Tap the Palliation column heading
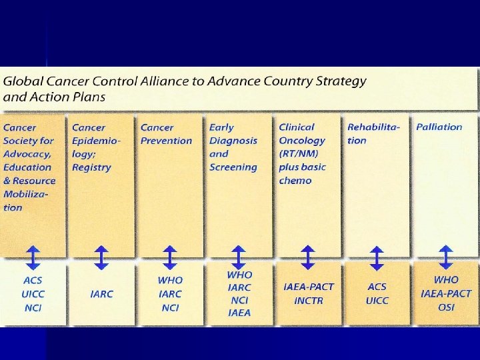tap(439, 127)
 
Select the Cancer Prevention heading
tap(166, 134)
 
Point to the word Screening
tap(233, 167)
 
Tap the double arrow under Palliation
tap(445, 257)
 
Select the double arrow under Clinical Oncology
tap(307, 257)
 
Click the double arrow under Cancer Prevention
tap(169, 257)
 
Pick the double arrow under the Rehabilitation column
tap(377, 257)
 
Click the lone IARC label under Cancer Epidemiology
tap(101, 293)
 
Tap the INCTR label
tap(308, 300)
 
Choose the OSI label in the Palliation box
tap(446, 307)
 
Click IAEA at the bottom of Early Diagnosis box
tap(239, 313)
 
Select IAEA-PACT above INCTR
tap(308, 287)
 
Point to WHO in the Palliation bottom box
tap(446, 280)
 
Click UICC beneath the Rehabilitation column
tap(377, 300)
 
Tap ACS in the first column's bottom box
tap(33, 280)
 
